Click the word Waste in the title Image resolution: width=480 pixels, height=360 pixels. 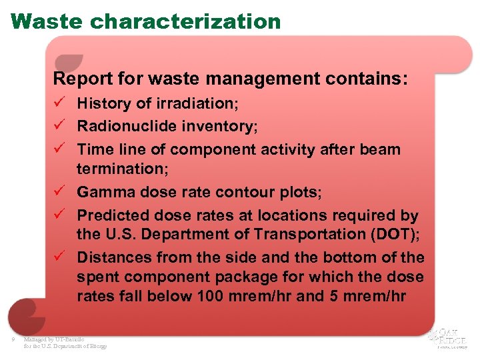[x=47, y=21]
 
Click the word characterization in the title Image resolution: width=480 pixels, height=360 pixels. [x=185, y=21]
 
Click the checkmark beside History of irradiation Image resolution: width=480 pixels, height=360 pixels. [x=59, y=104]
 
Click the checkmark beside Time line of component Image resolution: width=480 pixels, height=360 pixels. [x=59, y=149]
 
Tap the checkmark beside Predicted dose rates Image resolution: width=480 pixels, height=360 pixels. [x=59, y=215]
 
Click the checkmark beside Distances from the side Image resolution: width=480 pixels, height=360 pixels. [x=59, y=257]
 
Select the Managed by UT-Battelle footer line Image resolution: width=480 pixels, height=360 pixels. [x=54, y=340]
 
